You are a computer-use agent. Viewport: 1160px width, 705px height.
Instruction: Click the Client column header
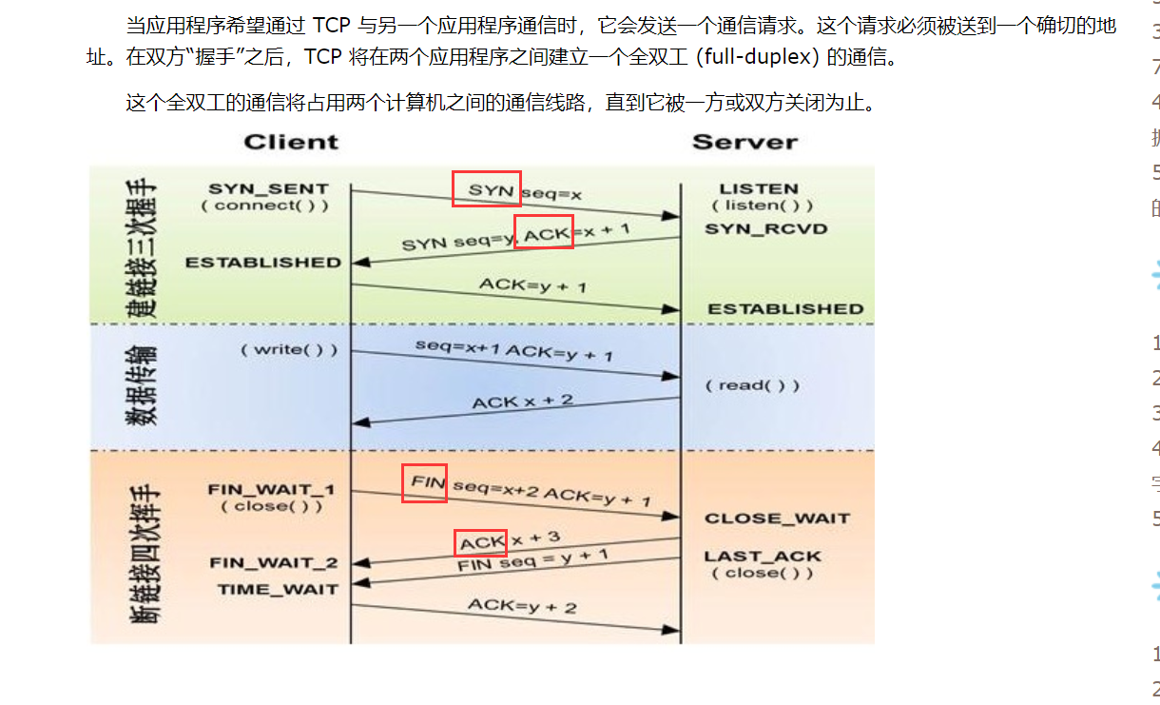tap(290, 143)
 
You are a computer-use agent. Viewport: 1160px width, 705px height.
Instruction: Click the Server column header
tap(744, 143)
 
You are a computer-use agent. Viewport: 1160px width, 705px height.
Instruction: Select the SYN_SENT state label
tap(268, 188)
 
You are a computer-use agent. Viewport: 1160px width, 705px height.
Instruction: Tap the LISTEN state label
tap(758, 188)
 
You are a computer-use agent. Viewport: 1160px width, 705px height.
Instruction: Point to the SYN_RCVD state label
tap(765, 229)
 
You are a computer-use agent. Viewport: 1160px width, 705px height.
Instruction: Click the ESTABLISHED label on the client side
tap(263, 263)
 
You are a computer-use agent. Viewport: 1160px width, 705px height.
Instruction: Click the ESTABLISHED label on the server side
tap(785, 308)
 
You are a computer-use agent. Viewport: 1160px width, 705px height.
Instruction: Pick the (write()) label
tap(288, 349)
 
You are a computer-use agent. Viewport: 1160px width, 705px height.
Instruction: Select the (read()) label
tap(752, 385)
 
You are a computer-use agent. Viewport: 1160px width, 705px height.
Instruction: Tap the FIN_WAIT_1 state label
tap(271, 490)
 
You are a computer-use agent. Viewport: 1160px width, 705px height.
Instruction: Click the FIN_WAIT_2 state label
tap(273, 563)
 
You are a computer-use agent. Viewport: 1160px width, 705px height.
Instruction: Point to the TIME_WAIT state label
tap(277, 589)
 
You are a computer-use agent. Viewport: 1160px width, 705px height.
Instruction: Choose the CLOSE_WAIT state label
tap(777, 519)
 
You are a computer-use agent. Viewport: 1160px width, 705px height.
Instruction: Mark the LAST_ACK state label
tap(762, 557)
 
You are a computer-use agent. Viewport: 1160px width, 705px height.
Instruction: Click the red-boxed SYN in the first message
tap(486, 189)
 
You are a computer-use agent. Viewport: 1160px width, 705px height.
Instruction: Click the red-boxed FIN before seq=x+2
tap(425, 483)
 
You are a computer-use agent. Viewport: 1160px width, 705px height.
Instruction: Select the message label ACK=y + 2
tap(522, 606)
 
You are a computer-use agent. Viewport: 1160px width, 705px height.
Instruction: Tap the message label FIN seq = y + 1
tap(532, 559)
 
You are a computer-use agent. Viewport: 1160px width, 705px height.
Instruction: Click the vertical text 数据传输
tap(144, 384)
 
